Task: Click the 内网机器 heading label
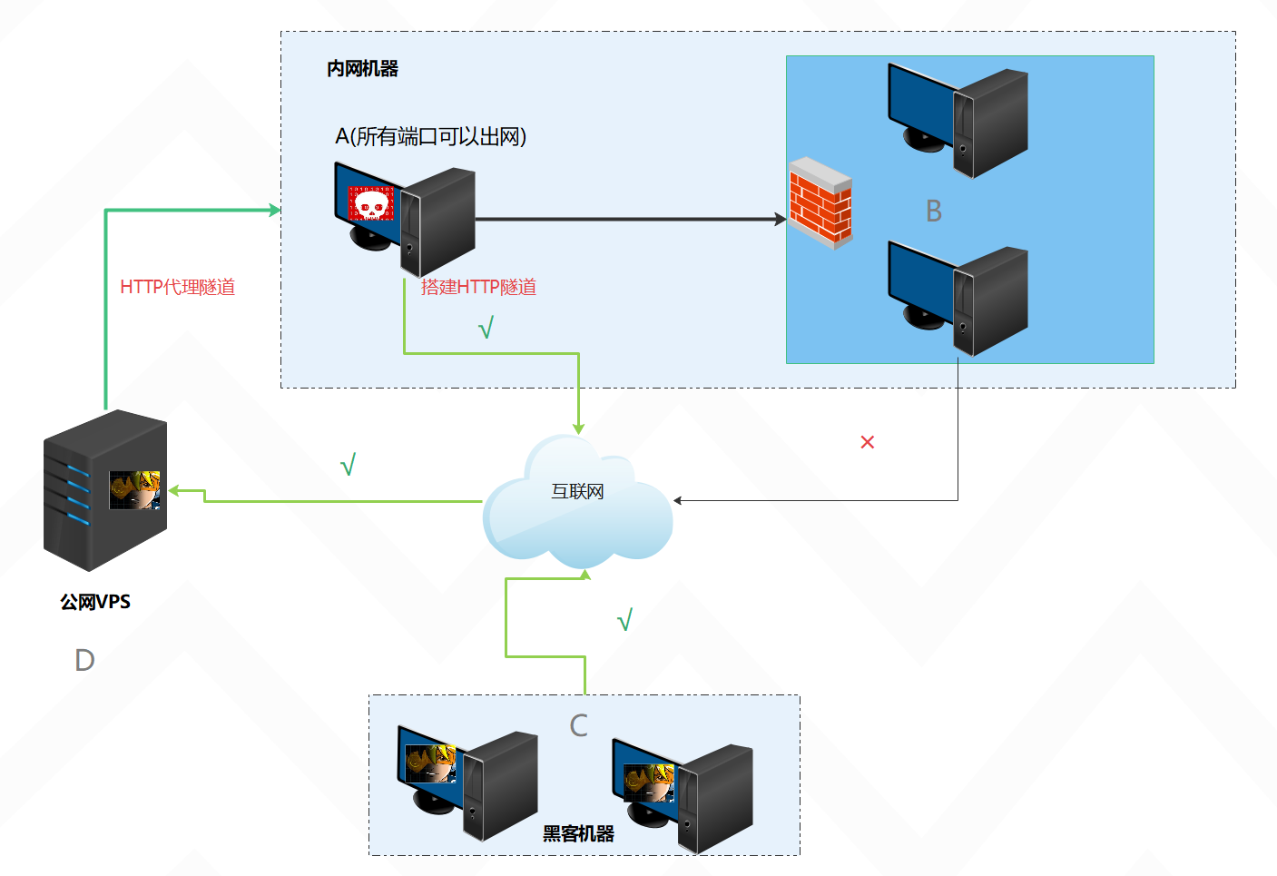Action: click(x=362, y=69)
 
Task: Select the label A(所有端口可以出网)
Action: click(x=430, y=136)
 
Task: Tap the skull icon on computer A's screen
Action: click(x=370, y=204)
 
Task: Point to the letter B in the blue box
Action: click(x=934, y=212)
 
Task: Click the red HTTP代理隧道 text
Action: click(x=178, y=287)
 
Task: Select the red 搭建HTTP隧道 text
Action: click(x=478, y=287)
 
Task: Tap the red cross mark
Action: click(x=868, y=442)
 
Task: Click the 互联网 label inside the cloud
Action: click(x=577, y=492)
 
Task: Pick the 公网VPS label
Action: click(x=95, y=602)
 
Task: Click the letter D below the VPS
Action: click(x=84, y=660)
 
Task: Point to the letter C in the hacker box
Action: click(x=578, y=725)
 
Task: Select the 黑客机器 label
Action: click(x=578, y=833)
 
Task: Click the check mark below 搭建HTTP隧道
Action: click(x=486, y=327)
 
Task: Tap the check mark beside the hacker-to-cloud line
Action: click(x=624, y=620)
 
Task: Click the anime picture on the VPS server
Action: click(x=134, y=490)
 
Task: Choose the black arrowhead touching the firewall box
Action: click(x=781, y=219)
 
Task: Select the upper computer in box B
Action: click(x=958, y=120)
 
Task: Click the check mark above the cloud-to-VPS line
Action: click(x=348, y=465)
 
